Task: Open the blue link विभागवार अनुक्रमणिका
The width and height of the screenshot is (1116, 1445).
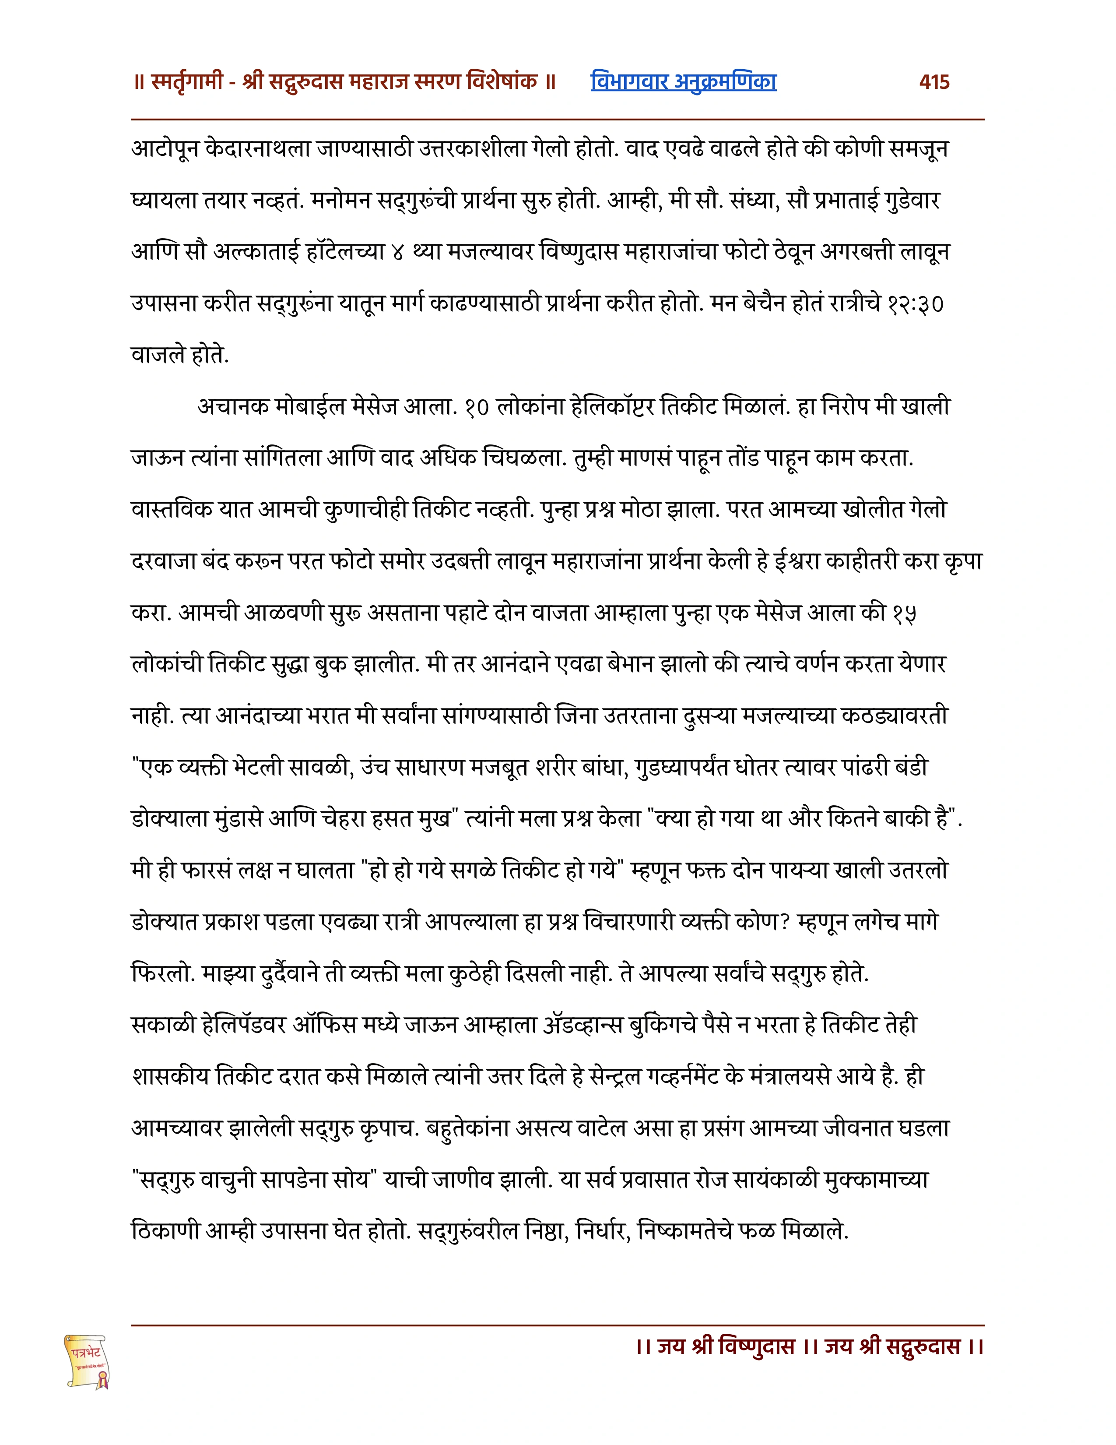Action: coord(683,81)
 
